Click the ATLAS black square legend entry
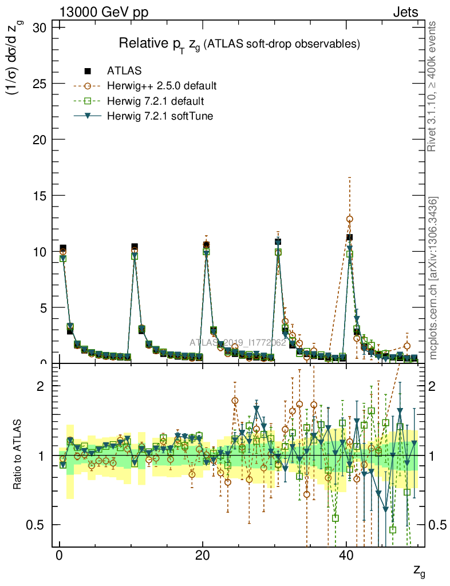(x=88, y=71)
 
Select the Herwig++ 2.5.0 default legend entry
(x=88, y=86)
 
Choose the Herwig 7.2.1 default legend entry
(x=88, y=101)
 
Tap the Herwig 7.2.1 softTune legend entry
(x=88, y=116)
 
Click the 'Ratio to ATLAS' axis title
(x=18, y=456)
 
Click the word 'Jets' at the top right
(x=405, y=12)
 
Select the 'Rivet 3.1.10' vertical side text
(x=433, y=86)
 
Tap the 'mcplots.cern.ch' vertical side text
(x=433, y=278)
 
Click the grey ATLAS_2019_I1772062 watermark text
(x=238, y=343)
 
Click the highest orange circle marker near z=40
(x=350, y=219)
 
